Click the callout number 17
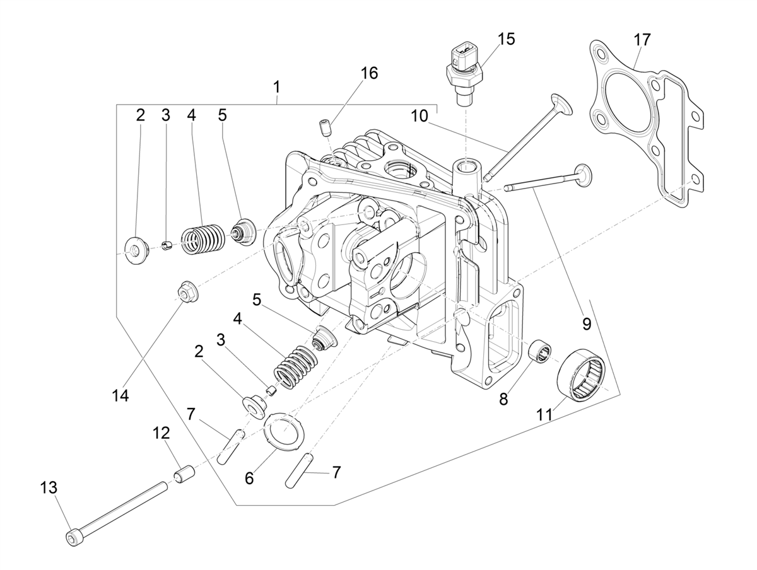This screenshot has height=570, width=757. pos(642,39)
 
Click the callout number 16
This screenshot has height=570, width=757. pos(369,73)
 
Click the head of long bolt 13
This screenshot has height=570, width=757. pos(73,538)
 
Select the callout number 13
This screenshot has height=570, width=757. pos(49,487)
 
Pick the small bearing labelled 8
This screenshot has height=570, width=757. pos(541,350)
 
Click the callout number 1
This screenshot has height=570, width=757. pos(276,85)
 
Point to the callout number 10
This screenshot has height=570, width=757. pos(420,116)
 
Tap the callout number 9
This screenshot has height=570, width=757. pos(586,324)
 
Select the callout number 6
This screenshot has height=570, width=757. pos(249,478)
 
